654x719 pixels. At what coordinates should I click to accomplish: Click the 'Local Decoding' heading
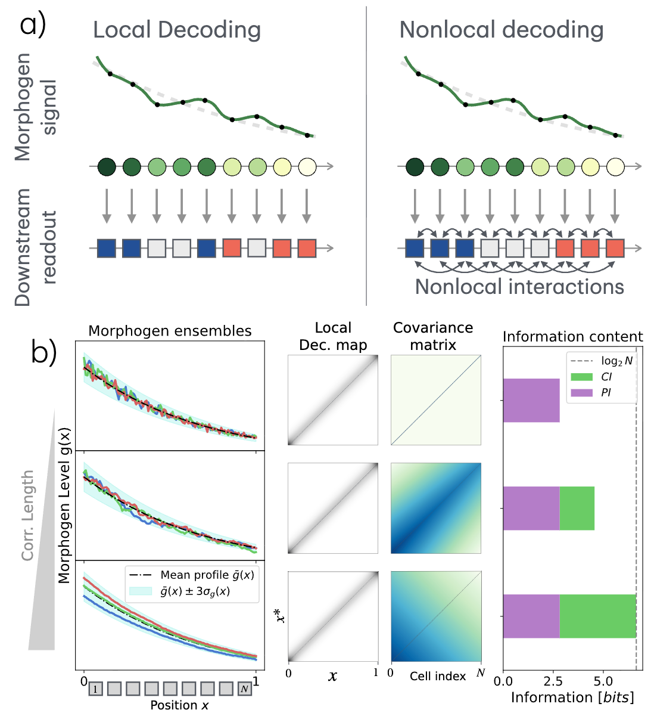pyautogui.click(x=177, y=30)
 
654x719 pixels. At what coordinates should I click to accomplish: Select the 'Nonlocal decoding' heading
pyautogui.click(x=502, y=30)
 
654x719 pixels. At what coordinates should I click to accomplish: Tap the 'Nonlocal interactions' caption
pyautogui.click(x=519, y=287)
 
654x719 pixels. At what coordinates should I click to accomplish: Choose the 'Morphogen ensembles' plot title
pyautogui.click(x=170, y=331)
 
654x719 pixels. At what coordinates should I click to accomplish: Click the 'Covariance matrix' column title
pyautogui.click(x=433, y=336)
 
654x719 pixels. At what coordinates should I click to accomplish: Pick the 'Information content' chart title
pyautogui.click(x=572, y=337)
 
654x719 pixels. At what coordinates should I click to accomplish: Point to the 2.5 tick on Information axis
pyautogui.click(x=553, y=681)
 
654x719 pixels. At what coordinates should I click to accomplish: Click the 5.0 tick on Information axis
pyautogui.click(x=603, y=681)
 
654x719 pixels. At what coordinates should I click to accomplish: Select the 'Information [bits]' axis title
pyautogui.click(x=572, y=698)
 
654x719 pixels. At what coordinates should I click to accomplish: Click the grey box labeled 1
pyautogui.click(x=96, y=689)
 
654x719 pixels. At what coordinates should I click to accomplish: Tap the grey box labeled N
pyautogui.click(x=244, y=689)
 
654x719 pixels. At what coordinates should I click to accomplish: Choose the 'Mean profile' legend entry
pyautogui.click(x=207, y=575)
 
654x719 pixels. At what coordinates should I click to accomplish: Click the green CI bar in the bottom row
pyautogui.click(x=597, y=616)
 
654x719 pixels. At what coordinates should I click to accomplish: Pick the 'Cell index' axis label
pyautogui.click(x=437, y=676)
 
